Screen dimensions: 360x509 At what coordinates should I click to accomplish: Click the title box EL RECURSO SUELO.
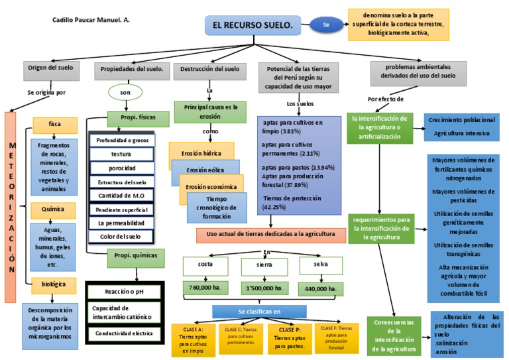[253, 25]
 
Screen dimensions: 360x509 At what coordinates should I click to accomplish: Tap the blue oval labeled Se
[325, 25]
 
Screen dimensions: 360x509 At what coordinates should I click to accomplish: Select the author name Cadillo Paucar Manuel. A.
[91, 20]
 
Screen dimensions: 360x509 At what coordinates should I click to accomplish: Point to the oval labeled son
[125, 92]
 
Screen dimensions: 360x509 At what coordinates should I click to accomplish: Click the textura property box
[121, 154]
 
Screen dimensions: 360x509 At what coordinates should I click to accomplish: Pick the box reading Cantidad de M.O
[121, 196]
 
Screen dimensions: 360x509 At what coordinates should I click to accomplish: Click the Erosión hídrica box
[201, 153]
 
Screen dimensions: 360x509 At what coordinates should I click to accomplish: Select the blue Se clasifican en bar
[259, 311]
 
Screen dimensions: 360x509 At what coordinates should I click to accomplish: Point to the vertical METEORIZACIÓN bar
[11, 207]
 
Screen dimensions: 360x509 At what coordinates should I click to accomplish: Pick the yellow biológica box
[54, 284]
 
